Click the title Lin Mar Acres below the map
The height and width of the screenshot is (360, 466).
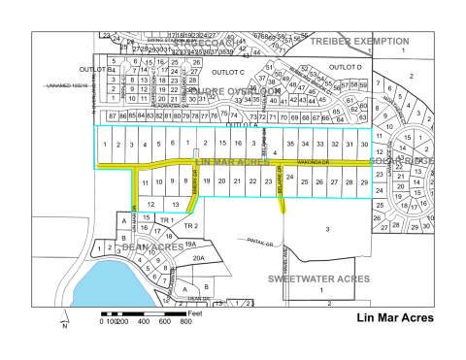[x=394, y=316]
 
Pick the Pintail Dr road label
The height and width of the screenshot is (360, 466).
[x=250, y=241]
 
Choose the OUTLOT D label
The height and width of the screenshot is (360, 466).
[x=345, y=65]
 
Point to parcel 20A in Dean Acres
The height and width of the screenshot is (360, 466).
[x=197, y=258]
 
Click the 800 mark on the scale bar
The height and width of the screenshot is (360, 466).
[x=184, y=321]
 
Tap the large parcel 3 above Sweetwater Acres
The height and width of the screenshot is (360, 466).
[x=327, y=228]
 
